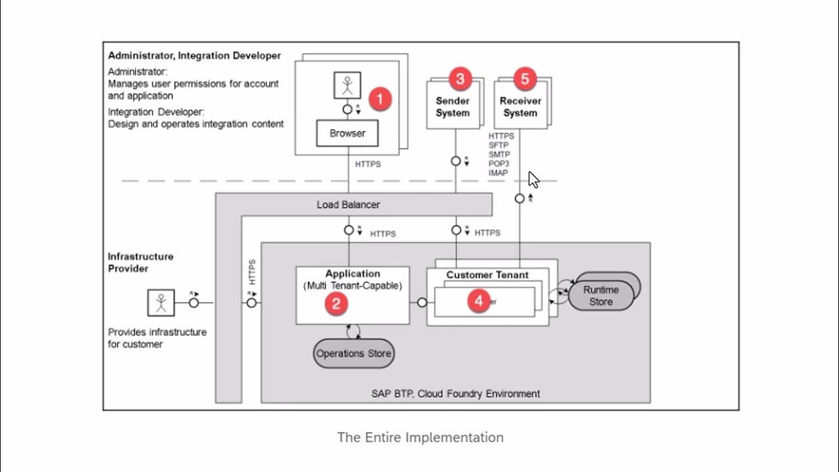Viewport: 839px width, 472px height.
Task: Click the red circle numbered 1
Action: [x=380, y=100]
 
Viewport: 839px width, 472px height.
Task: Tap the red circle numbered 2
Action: [x=336, y=303]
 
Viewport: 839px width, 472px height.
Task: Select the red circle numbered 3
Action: [x=460, y=79]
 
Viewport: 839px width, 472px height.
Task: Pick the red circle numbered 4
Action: [x=479, y=301]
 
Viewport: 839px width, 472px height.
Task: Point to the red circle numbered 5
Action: [x=524, y=79]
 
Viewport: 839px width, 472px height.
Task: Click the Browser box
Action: [x=347, y=133]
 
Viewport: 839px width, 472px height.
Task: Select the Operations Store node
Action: [x=354, y=353]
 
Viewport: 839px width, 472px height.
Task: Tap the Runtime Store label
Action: [x=600, y=296]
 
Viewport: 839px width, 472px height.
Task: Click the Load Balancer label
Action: [x=348, y=205]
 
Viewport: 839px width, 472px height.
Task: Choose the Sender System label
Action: [x=453, y=107]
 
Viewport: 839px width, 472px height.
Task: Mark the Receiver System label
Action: [x=520, y=107]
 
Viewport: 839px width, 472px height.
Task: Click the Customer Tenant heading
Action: [x=487, y=275]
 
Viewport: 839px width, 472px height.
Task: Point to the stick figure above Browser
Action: [x=347, y=86]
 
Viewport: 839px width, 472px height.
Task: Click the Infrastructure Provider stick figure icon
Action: [x=161, y=303]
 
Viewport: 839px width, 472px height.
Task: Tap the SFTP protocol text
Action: [x=499, y=146]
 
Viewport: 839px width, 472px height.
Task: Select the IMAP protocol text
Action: [x=498, y=173]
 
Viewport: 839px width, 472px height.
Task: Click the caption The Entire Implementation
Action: [x=420, y=437]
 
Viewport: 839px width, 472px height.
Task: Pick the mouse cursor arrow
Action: [x=533, y=180]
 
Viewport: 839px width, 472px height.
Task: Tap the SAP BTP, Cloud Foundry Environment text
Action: [x=456, y=394]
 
